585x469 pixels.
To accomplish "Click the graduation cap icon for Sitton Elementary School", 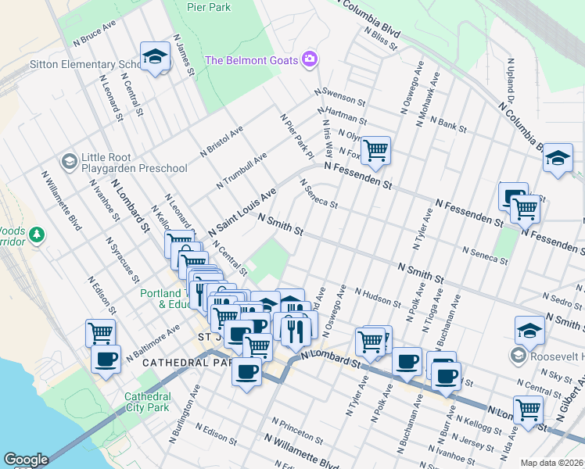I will [x=155, y=56].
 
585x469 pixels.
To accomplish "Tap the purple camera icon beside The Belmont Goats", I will [x=310, y=59].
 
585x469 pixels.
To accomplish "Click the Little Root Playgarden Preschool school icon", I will [x=69, y=161].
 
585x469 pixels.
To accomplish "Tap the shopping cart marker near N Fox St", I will [x=375, y=149].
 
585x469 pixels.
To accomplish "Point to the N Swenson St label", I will [x=340, y=97].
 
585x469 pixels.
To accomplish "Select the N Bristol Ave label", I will [x=221, y=140].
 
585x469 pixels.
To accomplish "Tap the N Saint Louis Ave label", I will [x=242, y=213].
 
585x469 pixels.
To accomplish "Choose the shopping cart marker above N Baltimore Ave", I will [x=100, y=332].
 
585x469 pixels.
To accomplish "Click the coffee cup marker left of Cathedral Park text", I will [x=106, y=360].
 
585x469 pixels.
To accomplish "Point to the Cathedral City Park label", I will [x=147, y=402].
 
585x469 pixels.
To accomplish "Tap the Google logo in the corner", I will [x=26, y=460].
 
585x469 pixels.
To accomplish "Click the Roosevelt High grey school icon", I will [x=517, y=356].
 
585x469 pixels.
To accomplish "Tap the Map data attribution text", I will [x=551, y=463].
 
